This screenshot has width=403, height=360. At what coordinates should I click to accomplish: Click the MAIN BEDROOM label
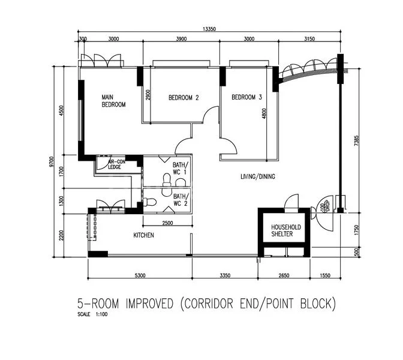pos(113,101)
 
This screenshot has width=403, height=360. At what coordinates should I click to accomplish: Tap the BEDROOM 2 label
pos(184,98)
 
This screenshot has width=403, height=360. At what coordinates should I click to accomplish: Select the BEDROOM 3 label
pos(247,97)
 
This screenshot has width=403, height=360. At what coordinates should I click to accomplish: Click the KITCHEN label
pos(144,235)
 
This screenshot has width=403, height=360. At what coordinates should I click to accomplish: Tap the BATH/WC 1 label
pos(180,168)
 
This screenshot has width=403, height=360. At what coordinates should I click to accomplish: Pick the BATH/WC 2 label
pos(180,200)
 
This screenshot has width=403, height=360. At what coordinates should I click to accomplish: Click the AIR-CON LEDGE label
pos(116,164)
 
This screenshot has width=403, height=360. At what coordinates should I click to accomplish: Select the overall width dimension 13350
pos(209,28)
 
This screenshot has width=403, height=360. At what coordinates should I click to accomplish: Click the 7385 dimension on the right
pos(357,141)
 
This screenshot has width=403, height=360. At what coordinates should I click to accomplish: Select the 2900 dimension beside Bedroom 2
pos(148,95)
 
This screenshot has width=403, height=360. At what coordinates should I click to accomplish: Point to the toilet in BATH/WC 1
pos(166,178)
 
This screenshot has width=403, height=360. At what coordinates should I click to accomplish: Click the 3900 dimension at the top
pos(181,39)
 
